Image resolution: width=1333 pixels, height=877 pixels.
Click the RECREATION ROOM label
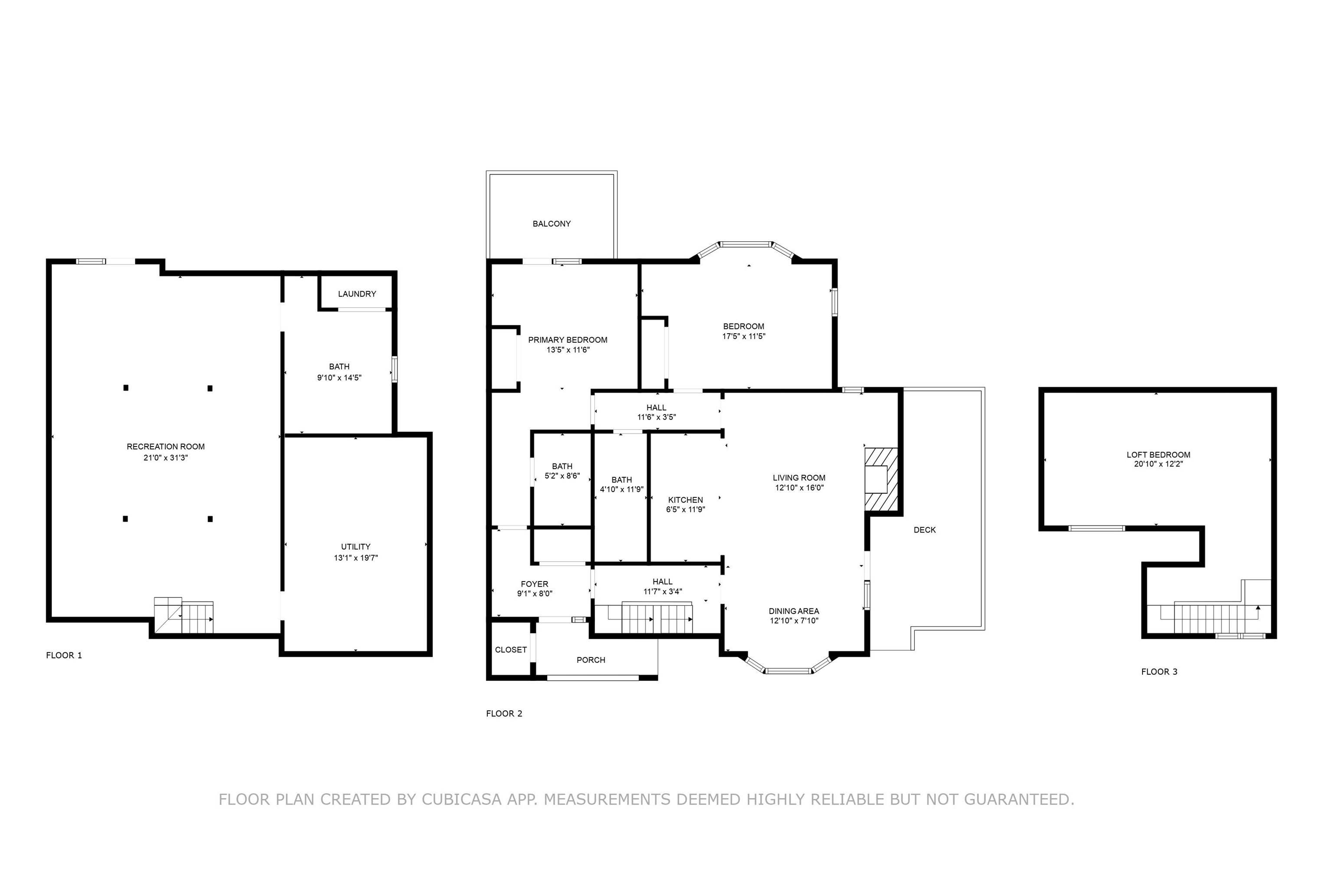(x=165, y=447)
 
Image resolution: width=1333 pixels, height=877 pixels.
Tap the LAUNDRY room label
(x=357, y=293)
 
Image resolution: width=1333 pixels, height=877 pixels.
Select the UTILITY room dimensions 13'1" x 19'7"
(x=356, y=557)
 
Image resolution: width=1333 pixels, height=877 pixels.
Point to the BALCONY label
(x=551, y=223)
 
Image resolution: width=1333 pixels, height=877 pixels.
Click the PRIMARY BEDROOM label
(x=568, y=339)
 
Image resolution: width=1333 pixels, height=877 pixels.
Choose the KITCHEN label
(x=685, y=499)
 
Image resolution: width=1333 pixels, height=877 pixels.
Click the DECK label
(x=924, y=529)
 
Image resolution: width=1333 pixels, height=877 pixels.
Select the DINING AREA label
(x=794, y=611)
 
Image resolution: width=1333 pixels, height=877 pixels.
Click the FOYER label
(x=534, y=584)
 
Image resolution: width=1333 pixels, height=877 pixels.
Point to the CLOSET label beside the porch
(x=510, y=649)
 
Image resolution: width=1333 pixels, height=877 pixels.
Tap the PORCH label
(x=590, y=660)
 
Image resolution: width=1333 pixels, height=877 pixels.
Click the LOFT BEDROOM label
(x=1158, y=454)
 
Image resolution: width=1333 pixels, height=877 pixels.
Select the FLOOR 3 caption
(x=1159, y=671)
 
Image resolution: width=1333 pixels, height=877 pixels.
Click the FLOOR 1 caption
(x=64, y=655)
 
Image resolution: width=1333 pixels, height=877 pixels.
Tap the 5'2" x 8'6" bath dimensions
(x=562, y=476)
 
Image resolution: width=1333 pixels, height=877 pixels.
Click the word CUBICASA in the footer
(x=462, y=799)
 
